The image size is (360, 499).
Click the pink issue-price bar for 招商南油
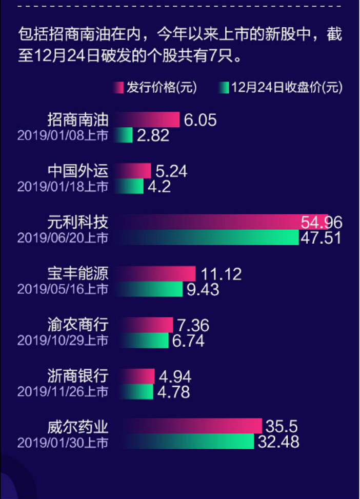[x=149, y=119]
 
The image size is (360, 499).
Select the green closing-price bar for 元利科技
[x=210, y=237]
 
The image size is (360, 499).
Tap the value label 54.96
[x=322, y=222]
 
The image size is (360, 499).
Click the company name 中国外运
[x=78, y=171]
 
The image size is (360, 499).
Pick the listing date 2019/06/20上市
[x=63, y=238]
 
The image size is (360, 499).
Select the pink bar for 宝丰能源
[x=156, y=273]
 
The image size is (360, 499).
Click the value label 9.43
[x=203, y=289]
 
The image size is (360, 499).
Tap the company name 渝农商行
[x=78, y=325]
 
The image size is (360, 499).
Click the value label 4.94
[x=175, y=376]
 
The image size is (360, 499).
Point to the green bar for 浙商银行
[x=136, y=392]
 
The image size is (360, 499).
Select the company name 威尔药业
[x=78, y=426]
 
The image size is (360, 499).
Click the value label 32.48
[x=278, y=442]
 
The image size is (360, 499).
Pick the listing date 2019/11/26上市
[x=63, y=392]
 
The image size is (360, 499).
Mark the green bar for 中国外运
[x=130, y=186]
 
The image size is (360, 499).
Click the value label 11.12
[x=221, y=273]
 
